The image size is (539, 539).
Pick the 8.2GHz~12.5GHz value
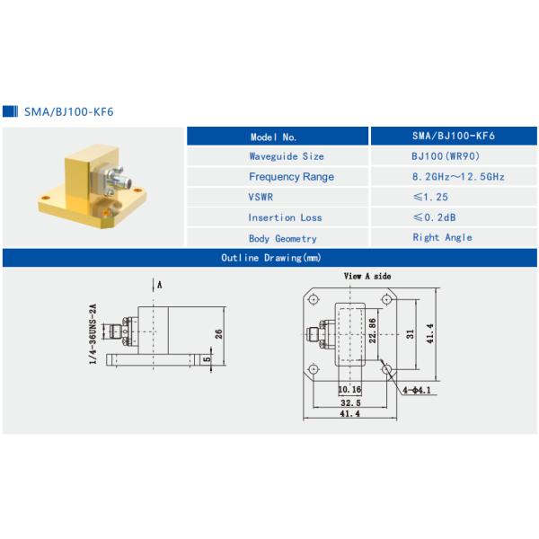pyautogui.click(x=454, y=177)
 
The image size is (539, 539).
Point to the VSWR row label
pyautogui.click(x=261, y=197)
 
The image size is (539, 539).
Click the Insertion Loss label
pyautogui.click(x=285, y=217)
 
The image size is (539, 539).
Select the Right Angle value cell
pyautogui.click(x=442, y=237)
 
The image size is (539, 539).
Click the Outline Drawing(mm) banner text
pyautogui.click(x=270, y=258)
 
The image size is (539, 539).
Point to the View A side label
pyautogui.click(x=367, y=277)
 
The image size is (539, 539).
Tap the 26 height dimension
pyautogui.click(x=218, y=334)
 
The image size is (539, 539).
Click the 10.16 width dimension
pyautogui.click(x=349, y=391)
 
